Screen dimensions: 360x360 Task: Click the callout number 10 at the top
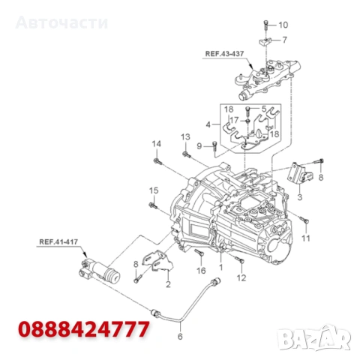tap(283, 25)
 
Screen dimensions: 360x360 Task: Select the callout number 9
tap(199, 145)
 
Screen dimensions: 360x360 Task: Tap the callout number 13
tap(184, 136)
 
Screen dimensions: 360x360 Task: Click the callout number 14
tap(157, 143)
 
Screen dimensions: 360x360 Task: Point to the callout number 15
tap(153, 189)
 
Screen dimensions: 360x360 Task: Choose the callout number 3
tap(299, 197)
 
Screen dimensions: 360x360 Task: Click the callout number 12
tap(241, 277)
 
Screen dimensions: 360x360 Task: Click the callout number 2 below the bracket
tap(167, 284)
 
